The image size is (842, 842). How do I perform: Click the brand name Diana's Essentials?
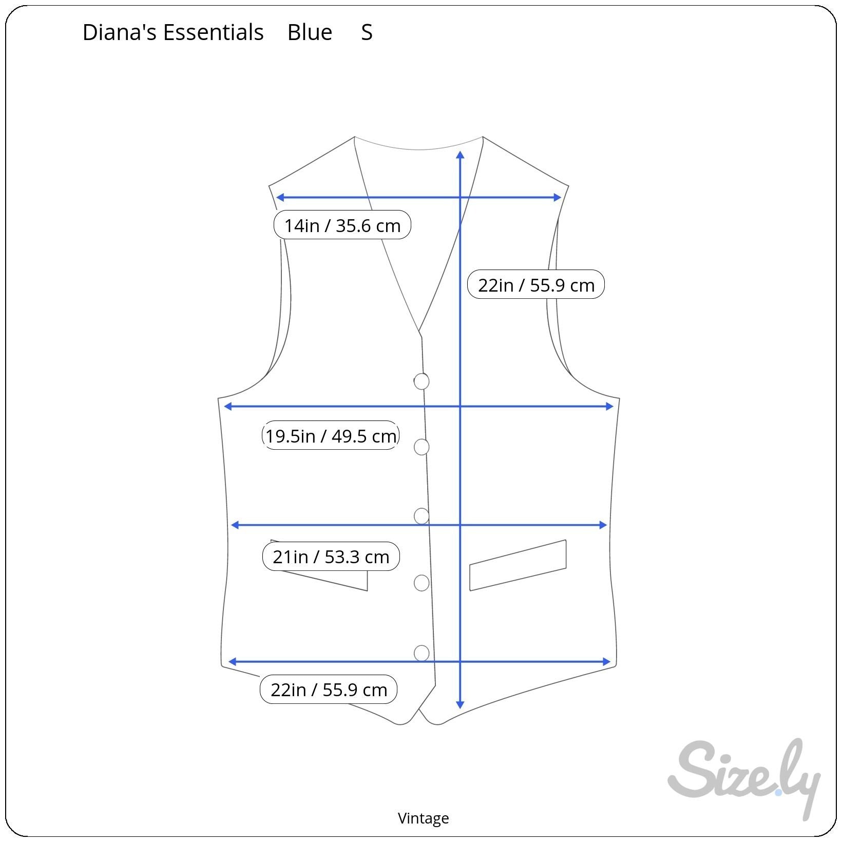(173, 32)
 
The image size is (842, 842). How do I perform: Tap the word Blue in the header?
(310, 32)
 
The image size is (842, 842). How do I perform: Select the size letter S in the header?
(367, 32)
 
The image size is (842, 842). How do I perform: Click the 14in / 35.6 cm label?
(342, 225)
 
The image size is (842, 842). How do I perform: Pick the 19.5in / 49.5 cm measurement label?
(331, 435)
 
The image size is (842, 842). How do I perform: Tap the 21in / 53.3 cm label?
(331, 556)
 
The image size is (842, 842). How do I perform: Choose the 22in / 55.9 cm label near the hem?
(329, 689)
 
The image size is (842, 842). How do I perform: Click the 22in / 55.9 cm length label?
(536, 284)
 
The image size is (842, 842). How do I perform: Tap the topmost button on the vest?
(422, 381)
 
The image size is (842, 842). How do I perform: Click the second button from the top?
(422, 447)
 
